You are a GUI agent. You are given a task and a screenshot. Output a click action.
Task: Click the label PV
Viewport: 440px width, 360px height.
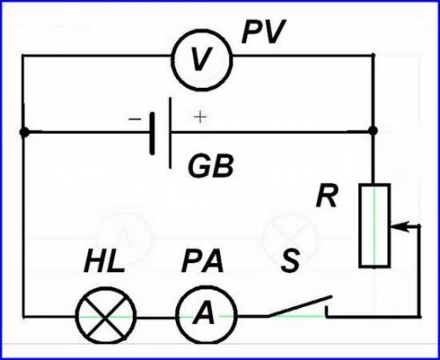click(263, 32)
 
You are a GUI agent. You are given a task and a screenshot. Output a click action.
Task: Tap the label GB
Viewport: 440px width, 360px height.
click(211, 165)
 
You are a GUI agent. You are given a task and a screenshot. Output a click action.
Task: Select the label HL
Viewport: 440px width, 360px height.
click(104, 261)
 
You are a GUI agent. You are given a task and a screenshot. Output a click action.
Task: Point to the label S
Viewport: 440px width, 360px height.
click(290, 261)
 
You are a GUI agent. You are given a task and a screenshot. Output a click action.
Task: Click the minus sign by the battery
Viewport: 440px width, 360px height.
click(135, 119)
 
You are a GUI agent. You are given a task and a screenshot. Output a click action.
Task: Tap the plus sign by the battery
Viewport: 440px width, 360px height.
click(200, 117)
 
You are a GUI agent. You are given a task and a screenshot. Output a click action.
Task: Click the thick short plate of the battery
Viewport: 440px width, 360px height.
click(152, 133)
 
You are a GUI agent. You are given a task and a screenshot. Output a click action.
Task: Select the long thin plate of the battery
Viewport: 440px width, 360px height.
click(170, 133)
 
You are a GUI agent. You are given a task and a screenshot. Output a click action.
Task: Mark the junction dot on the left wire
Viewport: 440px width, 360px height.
click(25, 132)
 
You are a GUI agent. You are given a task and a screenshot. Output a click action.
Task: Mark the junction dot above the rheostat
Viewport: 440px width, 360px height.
click(373, 130)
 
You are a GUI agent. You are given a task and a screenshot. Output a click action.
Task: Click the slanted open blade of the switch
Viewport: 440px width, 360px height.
click(299, 306)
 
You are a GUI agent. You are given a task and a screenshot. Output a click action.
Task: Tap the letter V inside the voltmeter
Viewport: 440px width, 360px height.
click(201, 60)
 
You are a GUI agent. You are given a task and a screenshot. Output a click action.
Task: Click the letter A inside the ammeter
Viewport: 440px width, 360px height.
click(204, 312)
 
